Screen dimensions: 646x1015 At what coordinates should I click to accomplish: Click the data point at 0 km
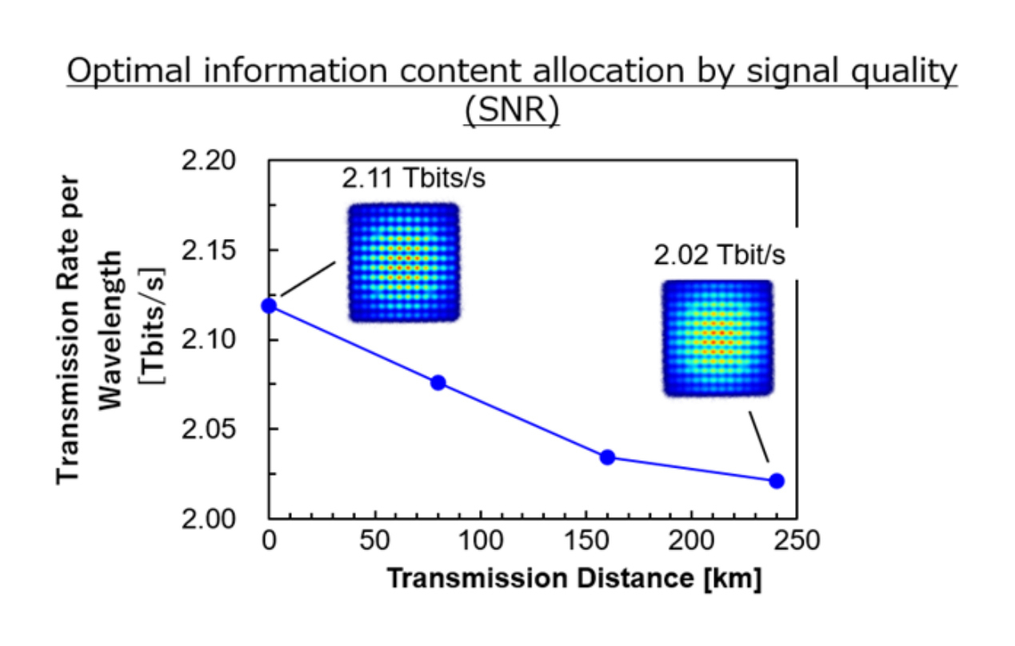click(x=269, y=305)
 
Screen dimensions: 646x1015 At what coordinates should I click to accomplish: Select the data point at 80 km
click(x=438, y=382)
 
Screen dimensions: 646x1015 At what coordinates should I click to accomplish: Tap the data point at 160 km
click(x=607, y=457)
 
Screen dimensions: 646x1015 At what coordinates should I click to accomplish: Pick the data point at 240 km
click(x=776, y=481)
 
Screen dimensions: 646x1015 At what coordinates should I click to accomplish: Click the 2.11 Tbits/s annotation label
click(x=414, y=177)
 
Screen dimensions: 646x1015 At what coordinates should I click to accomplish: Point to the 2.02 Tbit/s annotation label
click(x=720, y=256)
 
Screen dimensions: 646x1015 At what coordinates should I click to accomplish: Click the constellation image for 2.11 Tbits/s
click(x=404, y=262)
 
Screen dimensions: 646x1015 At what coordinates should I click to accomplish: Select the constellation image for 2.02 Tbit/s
click(x=717, y=337)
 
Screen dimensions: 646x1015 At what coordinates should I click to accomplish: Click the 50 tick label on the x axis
click(x=374, y=541)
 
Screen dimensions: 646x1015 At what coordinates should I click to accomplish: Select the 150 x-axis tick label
click(x=585, y=541)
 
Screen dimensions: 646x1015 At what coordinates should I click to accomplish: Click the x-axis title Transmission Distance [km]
click(x=573, y=578)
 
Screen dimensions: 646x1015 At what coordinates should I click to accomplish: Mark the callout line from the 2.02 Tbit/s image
click(x=758, y=437)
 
